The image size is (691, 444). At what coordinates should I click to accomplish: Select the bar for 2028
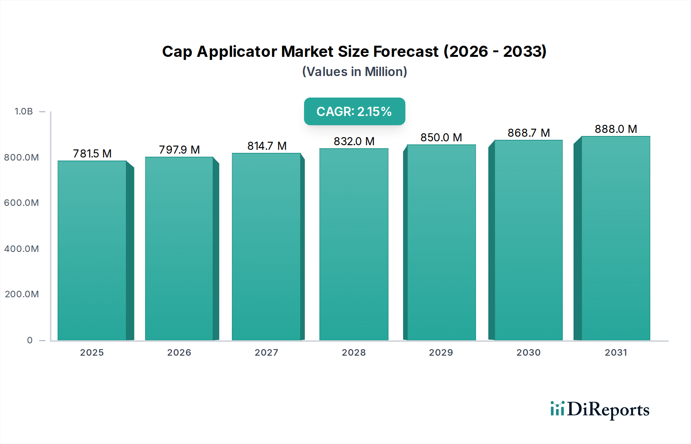tap(354, 244)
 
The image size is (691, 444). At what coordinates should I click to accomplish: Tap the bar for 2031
tap(615, 238)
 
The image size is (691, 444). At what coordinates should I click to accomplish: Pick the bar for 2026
tap(179, 249)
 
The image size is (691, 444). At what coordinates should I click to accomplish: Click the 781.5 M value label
tap(92, 154)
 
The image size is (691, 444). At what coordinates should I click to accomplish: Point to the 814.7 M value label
tap(267, 146)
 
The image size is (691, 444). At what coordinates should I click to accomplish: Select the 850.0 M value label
tap(441, 138)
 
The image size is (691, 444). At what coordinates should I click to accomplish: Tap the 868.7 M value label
tap(529, 133)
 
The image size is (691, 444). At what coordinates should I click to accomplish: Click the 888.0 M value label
tap(616, 129)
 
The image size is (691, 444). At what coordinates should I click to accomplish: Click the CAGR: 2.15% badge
tap(354, 111)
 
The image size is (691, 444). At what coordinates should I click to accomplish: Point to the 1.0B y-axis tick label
tap(24, 111)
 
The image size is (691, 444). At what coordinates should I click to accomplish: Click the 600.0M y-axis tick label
tap(21, 203)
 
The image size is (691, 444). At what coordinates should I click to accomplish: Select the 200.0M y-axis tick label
tap(22, 294)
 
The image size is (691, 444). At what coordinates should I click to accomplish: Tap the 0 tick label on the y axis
tap(30, 340)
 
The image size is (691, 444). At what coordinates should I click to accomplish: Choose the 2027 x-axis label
tap(266, 353)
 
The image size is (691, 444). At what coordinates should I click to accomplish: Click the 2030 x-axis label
tap(528, 353)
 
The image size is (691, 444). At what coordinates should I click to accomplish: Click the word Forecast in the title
tap(405, 51)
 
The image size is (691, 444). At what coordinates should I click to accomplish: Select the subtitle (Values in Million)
tap(354, 72)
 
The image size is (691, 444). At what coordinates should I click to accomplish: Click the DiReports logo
tap(600, 409)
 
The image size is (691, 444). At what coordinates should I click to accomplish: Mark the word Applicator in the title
tap(237, 51)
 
